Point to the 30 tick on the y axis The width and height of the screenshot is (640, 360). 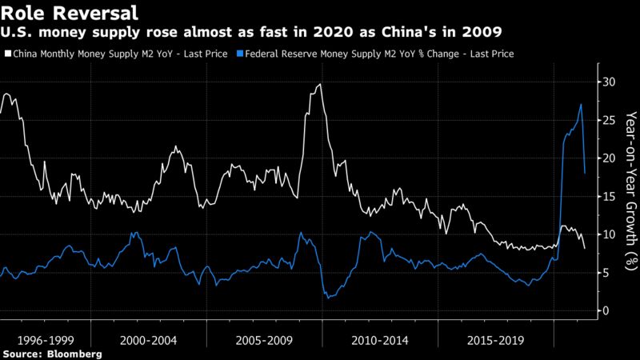point(610,82)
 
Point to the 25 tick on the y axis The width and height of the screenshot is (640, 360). point(610,120)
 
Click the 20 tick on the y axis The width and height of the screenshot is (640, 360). point(610,158)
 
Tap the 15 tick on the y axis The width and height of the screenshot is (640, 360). point(610,196)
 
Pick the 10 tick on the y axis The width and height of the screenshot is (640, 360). point(610,234)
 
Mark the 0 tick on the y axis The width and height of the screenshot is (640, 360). point(607,310)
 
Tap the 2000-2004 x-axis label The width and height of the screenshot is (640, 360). point(150,339)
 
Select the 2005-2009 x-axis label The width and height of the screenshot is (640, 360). point(264,339)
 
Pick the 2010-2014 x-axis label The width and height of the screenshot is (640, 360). point(378,339)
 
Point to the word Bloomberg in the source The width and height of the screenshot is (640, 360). point(74,353)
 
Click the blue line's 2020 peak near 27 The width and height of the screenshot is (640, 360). point(581,105)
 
